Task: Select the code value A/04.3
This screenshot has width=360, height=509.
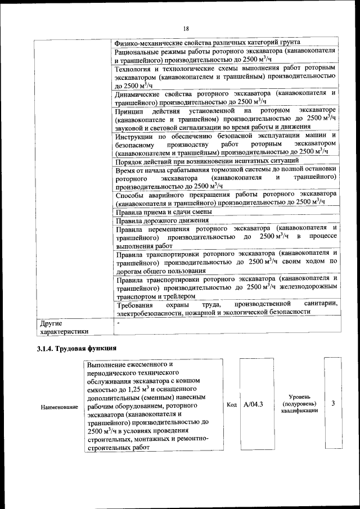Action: tap(254, 404)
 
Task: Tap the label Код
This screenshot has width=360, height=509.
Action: tap(232, 404)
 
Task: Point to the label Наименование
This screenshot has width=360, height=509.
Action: tap(59, 407)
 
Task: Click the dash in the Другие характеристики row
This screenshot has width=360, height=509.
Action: tap(118, 323)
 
